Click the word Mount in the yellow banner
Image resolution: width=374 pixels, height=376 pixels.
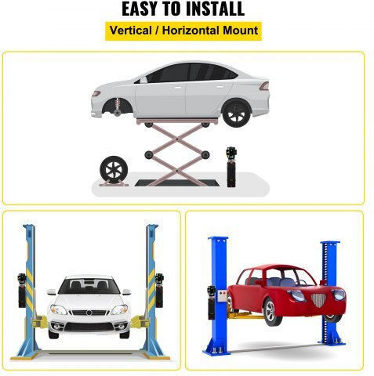tap(240, 31)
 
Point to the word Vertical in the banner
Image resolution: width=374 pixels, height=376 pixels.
tap(131, 31)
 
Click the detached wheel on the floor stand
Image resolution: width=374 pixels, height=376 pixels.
tap(114, 169)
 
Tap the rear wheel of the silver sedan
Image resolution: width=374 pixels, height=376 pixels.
tap(237, 113)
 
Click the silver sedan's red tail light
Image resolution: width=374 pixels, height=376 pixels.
tap(264, 86)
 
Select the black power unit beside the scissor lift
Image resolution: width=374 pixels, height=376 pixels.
tap(231, 167)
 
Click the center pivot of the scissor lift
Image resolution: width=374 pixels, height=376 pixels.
tap(177, 154)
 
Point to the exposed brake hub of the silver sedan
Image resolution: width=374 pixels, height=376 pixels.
tap(118, 112)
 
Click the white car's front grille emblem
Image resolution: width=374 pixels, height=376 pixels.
tap(89, 313)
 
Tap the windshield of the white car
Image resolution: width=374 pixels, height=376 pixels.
tap(89, 286)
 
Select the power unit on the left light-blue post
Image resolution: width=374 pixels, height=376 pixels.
tap(22, 290)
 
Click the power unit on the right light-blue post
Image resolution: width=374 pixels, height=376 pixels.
tap(159, 290)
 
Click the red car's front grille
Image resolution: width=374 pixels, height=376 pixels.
tap(318, 300)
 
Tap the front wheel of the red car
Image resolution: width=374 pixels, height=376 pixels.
tap(272, 312)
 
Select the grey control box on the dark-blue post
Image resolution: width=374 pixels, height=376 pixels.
tap(223, 296)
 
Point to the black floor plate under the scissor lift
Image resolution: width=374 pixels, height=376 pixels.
tap(177, 183)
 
